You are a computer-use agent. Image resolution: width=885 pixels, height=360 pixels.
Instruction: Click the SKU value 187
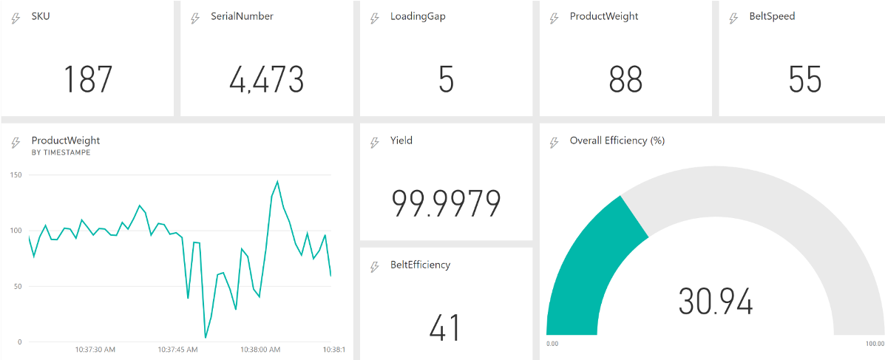(x=87, y=79)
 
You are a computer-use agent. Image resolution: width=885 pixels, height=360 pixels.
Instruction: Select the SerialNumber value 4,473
(x=266, y=79)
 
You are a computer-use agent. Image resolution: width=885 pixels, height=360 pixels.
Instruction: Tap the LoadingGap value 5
(x=446, y=79)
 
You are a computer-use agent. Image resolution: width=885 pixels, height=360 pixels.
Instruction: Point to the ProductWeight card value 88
(x=625, y=79)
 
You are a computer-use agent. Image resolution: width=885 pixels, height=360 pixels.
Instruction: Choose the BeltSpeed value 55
(x=805, y=79)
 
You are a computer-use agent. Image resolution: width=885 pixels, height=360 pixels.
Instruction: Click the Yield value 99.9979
(x=446, y=203)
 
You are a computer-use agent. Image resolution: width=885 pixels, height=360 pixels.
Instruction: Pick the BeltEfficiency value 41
(x=445, y=327)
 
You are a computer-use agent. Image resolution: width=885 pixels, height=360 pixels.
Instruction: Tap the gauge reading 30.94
(x=715, y=302)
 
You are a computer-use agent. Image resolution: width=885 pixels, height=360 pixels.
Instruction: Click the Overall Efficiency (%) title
(x=617, y=140)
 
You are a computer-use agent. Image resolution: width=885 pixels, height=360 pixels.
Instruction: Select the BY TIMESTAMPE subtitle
(x=61, y=152)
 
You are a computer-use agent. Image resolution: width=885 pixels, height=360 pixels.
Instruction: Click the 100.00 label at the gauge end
(x=874, y=344)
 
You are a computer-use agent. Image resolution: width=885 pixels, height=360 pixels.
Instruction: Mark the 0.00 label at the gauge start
(x=552, y=344)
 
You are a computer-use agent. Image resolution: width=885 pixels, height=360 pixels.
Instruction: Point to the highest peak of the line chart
(x=277, y=181)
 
